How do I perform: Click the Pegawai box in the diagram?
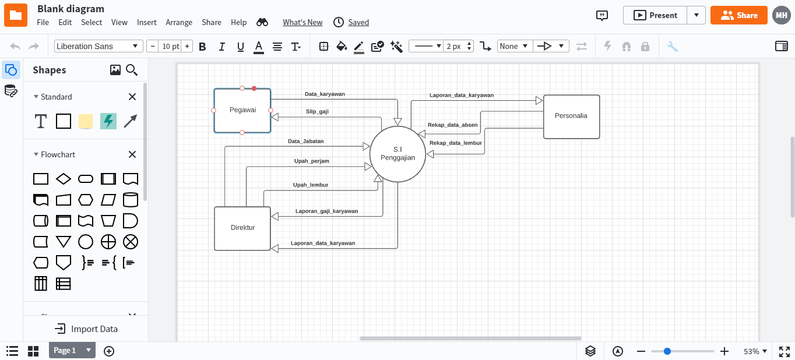coord(242,110)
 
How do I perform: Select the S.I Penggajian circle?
coord(397,154)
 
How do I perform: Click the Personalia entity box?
coord(571,117)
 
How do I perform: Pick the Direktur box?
coord(242,228)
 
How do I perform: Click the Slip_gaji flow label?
coord(317,111)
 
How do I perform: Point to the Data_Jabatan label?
coord(305,141)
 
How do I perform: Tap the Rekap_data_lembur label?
coord(455,143)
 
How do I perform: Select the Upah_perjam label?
coord(311,161)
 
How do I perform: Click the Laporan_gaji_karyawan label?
coord(326,211)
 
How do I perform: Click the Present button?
coord(656,15)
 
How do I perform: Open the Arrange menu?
coord(179,22)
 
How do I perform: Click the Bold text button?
coord(202,47)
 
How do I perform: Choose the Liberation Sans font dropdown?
coord(99,46)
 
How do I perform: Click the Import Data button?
coord(86,329)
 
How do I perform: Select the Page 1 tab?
coord(65,350)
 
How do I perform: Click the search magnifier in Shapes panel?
coord(132,70)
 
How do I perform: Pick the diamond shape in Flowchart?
coord(63,178)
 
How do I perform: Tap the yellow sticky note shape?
coord(86,121)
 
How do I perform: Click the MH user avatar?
coord(781,15)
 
